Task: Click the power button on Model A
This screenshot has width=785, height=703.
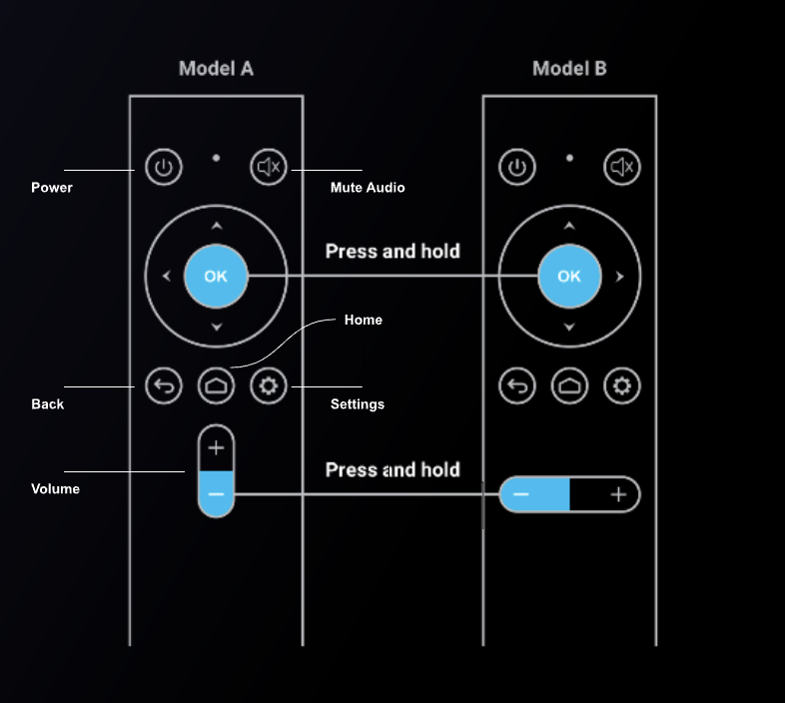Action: click(164, 167)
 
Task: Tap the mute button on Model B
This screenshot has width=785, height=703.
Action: click(621, 167)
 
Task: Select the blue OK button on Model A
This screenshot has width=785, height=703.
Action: click(216, 277)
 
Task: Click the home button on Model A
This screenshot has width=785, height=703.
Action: click(216, 385)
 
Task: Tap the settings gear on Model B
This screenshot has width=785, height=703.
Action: click(621, 385)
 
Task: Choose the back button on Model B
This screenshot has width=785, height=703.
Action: click(516, 385)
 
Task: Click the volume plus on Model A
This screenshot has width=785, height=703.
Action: click(216, 448)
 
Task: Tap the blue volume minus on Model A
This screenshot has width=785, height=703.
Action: click(216, 494)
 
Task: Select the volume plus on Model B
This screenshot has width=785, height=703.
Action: click(617, 494)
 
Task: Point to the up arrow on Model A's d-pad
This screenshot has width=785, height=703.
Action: click(216, 225)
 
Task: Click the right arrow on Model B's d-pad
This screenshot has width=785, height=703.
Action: click(620, 277)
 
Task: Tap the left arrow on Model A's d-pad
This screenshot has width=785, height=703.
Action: click(166, 277)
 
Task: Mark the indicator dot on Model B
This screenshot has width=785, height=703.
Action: click(569, 157)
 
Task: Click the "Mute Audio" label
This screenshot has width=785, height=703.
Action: click(368, 188)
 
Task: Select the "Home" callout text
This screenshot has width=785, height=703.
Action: click(364, 321)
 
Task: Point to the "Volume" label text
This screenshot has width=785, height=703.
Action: click(55, 489)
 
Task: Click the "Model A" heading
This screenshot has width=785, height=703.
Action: click(216, 69)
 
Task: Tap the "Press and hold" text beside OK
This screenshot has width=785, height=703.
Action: click(392, 251)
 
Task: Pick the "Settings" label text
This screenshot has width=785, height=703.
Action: click(357, 404)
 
